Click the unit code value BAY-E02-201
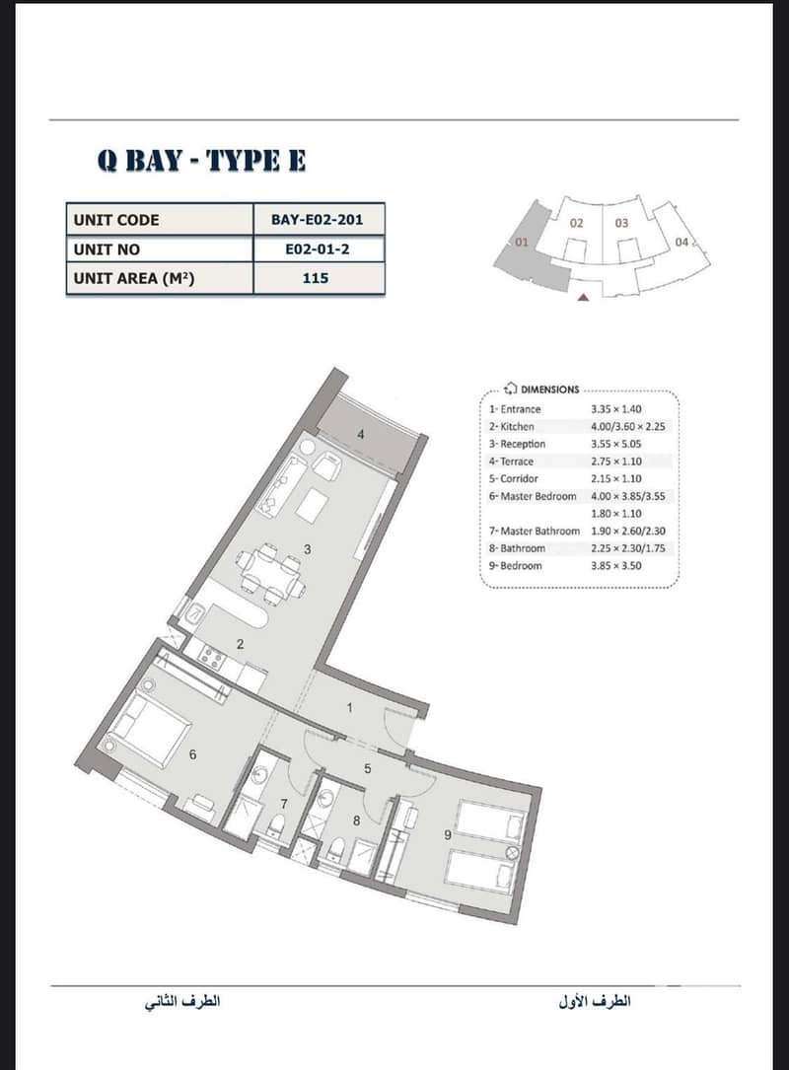(317, 220)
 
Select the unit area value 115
(316, 278)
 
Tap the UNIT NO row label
(107, 250)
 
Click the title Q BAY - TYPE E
(201, 161)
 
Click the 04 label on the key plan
(681, 242)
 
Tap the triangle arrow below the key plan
(583, 297)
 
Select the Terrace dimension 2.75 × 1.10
(616, 462)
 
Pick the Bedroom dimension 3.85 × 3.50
(616, 566)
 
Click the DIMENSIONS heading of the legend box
(549, 390)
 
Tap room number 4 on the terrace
(361, 434)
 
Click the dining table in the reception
(271, 573)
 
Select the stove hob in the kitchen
(210, 657)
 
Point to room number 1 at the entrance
(350, 708)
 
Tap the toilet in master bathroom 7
(277, 826)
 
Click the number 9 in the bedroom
(448, 834)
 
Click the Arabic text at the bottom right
(595, 1002)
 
